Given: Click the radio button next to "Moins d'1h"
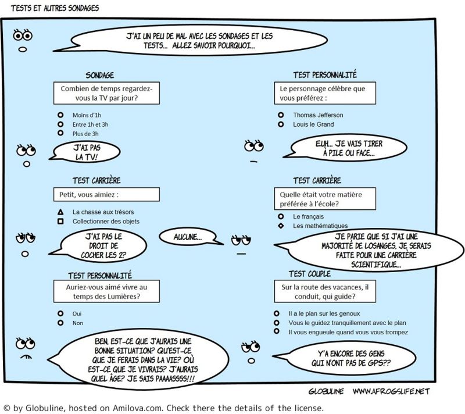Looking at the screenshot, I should click(x=59, y=115).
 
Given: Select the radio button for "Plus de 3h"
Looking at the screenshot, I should click(x=59, y=134).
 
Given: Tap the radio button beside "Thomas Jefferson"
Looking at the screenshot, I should click(x=281, y=115).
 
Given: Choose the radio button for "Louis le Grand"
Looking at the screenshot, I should click(x=281, y=124).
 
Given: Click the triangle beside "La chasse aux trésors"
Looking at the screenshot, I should click(x=60, y=212).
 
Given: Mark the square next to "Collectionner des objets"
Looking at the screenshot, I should click(x=60, y=222).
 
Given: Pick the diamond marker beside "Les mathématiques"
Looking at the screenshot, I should click(x=281, y=226).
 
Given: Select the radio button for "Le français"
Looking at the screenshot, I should click(x=281, y=216).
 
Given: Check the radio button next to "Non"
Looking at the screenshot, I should click(x=59, y=322).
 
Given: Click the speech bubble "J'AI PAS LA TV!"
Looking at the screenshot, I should click(x=88, y=153).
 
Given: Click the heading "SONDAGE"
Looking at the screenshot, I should click(x=99, y=76).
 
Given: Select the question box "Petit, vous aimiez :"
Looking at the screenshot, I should click(x=105, y=194).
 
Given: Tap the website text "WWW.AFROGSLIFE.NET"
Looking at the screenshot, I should click(x=391, y=391).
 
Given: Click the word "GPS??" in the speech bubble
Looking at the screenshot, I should click(x=377, y=362).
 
